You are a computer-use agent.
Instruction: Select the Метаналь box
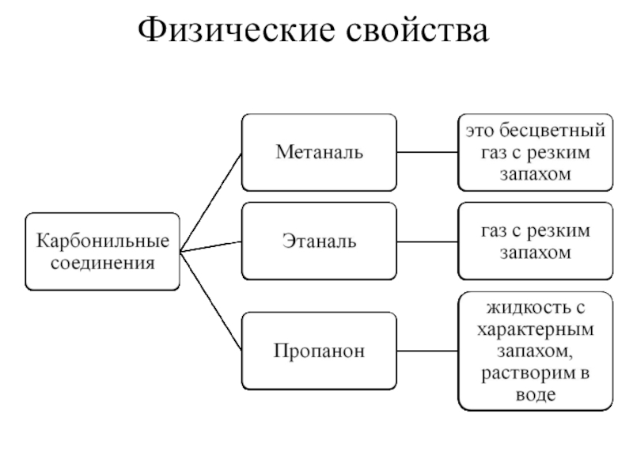(x=319, y=151)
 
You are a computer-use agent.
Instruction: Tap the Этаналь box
(x=319, y=240)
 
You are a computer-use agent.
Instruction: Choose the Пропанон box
(x=319, y=349)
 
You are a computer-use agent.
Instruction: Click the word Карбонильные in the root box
(x=103, y=240)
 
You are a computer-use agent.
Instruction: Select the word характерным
(x=536, y=327)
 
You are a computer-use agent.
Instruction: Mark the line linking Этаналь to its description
(x=426, y=240)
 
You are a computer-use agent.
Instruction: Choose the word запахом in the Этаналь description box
(x=536, y=253)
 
